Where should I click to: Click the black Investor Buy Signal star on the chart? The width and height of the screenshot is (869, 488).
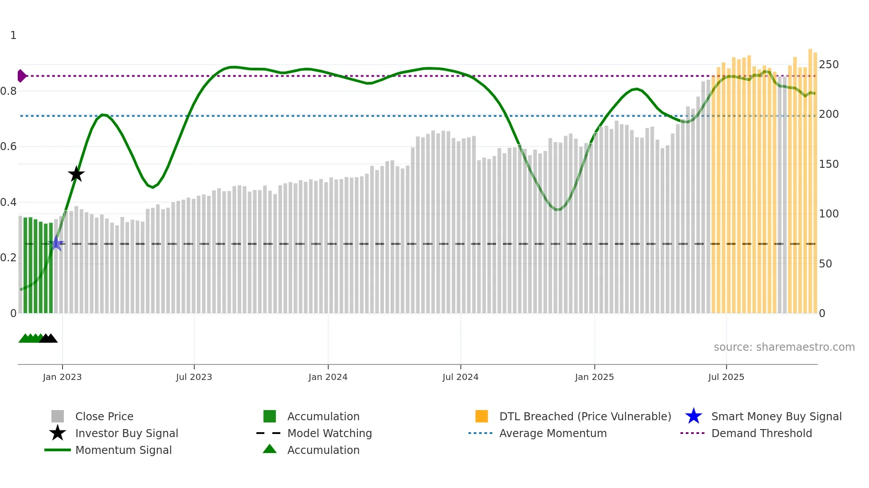click(76, 174)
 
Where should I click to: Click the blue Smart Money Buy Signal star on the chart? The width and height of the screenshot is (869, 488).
click(56, 244)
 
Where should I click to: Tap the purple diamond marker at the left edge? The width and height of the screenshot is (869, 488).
click(21, 76)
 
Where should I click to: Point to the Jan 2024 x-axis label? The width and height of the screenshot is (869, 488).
click(328, 377)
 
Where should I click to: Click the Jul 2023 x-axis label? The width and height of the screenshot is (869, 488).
click(194, 377)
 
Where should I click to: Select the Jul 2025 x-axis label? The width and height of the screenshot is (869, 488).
click(726, 377)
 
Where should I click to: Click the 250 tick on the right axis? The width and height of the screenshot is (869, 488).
click(829, 65)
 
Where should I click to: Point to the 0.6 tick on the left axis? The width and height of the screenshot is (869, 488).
click(8, 147)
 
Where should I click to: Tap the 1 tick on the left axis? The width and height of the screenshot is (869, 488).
click(13, 35)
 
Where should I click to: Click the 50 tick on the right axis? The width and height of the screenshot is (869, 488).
click(825, 264)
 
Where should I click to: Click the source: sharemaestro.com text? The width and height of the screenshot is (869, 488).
click(784, 347)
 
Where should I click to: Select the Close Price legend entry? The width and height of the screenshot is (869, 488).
click(104, 416)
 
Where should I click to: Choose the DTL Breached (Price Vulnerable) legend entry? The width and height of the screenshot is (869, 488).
click(585, 416)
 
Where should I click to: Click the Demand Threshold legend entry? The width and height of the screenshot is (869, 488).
click(761, 433)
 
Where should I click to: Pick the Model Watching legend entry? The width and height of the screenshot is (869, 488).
click(329, 433)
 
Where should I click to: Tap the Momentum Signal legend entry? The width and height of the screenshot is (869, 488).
click(123, 450)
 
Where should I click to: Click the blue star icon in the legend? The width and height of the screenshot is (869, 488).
click(693, 416)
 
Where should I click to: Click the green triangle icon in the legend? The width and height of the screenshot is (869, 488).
click(270, 449)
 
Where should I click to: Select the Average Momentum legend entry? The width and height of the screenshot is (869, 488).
click(552, 433)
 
